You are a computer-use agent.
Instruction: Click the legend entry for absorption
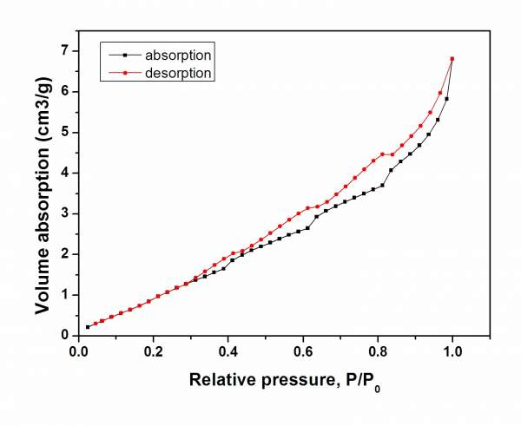click(x=178, y=56)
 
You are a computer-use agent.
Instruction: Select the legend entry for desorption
click(x=178, y=73)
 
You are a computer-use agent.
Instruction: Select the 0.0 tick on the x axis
click(x=79, y=351)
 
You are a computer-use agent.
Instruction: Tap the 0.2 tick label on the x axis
click(x=154, y=351)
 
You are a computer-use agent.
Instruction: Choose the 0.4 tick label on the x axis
click(x=228, y=351)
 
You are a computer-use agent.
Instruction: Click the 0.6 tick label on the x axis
click(x=303, y=351)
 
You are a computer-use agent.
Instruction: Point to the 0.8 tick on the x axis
click(x=378, y=351)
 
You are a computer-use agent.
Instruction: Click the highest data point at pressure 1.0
click(x=452, y=59)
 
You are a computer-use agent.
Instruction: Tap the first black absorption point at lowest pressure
click(x=88, y=327)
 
